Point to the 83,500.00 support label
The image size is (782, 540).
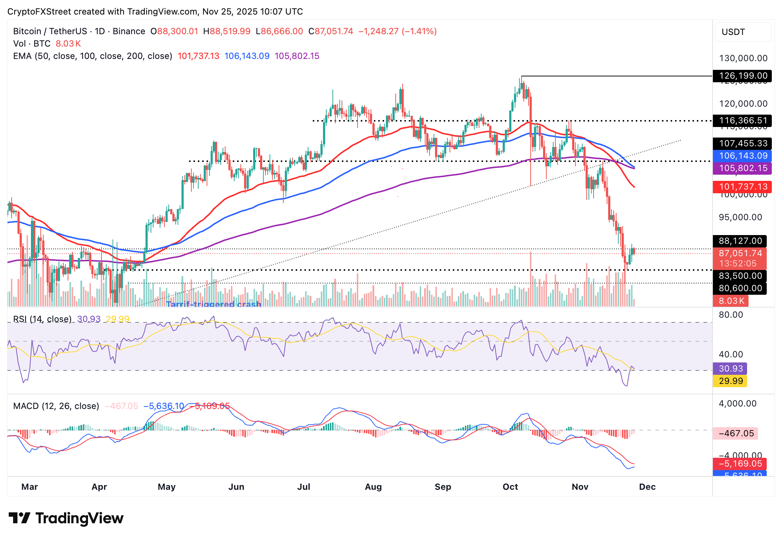pos(740,276)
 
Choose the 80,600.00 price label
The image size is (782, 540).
pos(740,288)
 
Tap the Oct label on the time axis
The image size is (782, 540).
pos(510,487)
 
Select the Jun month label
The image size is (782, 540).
pos(236,487)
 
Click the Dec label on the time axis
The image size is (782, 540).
pos(647,487)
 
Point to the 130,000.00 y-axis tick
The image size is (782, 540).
pos(743,58)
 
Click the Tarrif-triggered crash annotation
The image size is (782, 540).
pos(214,304)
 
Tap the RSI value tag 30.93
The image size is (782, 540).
pos(730,369)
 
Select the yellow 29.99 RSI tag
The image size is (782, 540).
pos(730,381)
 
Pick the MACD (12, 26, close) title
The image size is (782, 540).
pos(56,406)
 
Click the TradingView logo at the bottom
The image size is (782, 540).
pos(66,518)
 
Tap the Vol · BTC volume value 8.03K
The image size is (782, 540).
pos(68,44)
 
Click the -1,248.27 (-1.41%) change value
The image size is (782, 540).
pos(397,31)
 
